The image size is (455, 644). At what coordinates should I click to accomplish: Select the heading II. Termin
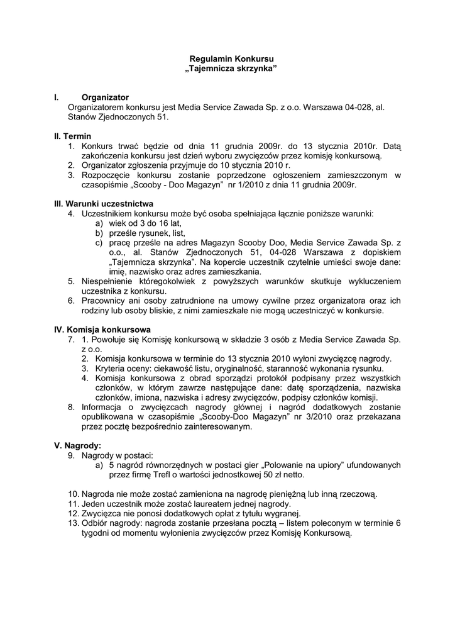[73, 136]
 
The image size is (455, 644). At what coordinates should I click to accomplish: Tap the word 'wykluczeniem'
[373, 281]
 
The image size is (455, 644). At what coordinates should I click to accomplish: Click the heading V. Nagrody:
[78, 445]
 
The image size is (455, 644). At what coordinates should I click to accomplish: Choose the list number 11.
[73, 504]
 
